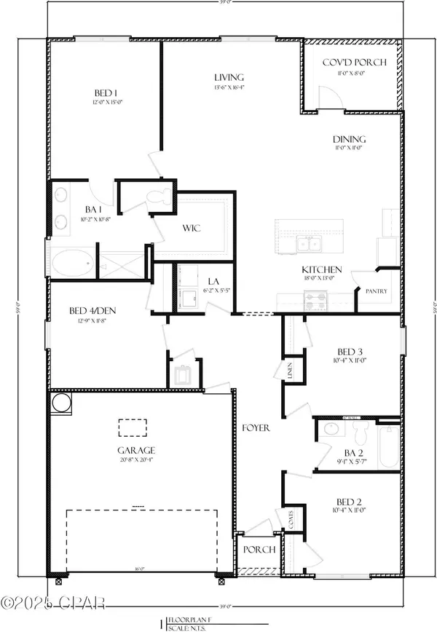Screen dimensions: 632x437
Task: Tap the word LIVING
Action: [229, 77]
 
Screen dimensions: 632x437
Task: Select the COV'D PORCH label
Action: [350, 63]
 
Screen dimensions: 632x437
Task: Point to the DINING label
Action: [350, 139]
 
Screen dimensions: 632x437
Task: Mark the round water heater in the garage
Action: [59, 402]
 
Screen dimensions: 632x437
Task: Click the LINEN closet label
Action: [289, 373]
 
